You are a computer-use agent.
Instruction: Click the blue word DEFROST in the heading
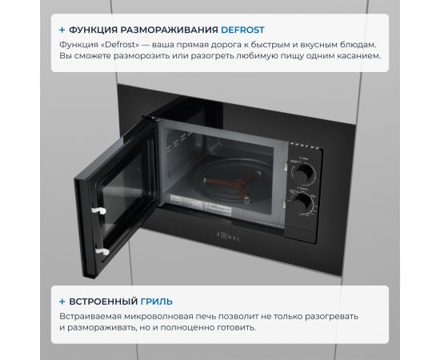pos(242,30)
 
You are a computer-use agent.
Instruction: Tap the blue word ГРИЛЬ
pos(157,302)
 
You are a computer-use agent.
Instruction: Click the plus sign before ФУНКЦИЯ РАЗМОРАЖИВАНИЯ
pos(62,30)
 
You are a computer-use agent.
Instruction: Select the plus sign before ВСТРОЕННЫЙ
pos(62,302)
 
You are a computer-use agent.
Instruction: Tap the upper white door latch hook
pos(98,210)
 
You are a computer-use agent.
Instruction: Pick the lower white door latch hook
pos(102,251)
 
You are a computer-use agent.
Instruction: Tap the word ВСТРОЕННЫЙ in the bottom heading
pos(103,302)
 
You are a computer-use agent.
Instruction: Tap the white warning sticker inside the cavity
pos(217,210)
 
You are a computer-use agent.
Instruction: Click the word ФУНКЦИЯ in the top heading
pos(94,30)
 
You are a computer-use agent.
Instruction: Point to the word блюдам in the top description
pos(358,45)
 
